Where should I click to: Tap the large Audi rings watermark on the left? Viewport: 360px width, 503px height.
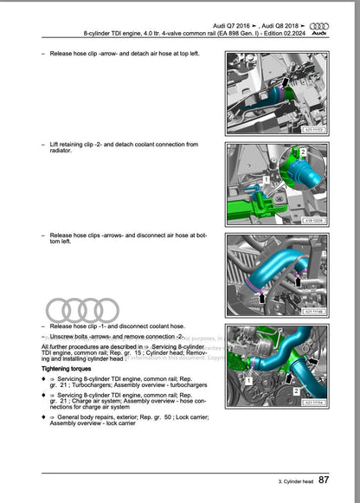[82, 310]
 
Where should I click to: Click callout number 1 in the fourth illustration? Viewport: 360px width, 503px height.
[248, 380]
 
